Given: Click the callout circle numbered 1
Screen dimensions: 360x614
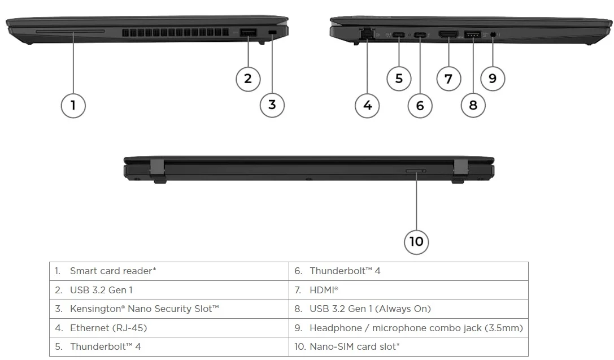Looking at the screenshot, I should (x=73, y=105).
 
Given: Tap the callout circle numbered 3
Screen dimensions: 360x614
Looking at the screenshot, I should (x=272, y=105).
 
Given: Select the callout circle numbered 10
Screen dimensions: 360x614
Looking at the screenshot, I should (x=416, y=241).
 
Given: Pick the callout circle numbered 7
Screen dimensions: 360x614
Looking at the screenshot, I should (x=448, y=79).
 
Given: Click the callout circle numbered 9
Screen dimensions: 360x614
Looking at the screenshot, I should (x=493, y=79).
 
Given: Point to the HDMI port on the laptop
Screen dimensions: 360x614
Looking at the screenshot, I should (x=448, y=34).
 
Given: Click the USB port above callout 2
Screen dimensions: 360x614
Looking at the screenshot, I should (x=248, y=33).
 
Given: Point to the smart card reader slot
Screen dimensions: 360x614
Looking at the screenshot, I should (x=70, y=32).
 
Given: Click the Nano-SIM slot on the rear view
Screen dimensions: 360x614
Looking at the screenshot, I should (x=416, y=171).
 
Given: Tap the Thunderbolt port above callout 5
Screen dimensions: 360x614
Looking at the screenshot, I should (x=399, y=35).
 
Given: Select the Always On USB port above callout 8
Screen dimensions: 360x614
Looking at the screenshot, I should (x=473, y=34).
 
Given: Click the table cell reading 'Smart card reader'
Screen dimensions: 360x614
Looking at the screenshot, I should (x=113, y=271).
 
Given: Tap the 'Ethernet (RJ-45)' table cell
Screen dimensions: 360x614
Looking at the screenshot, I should (x=108, y=328).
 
